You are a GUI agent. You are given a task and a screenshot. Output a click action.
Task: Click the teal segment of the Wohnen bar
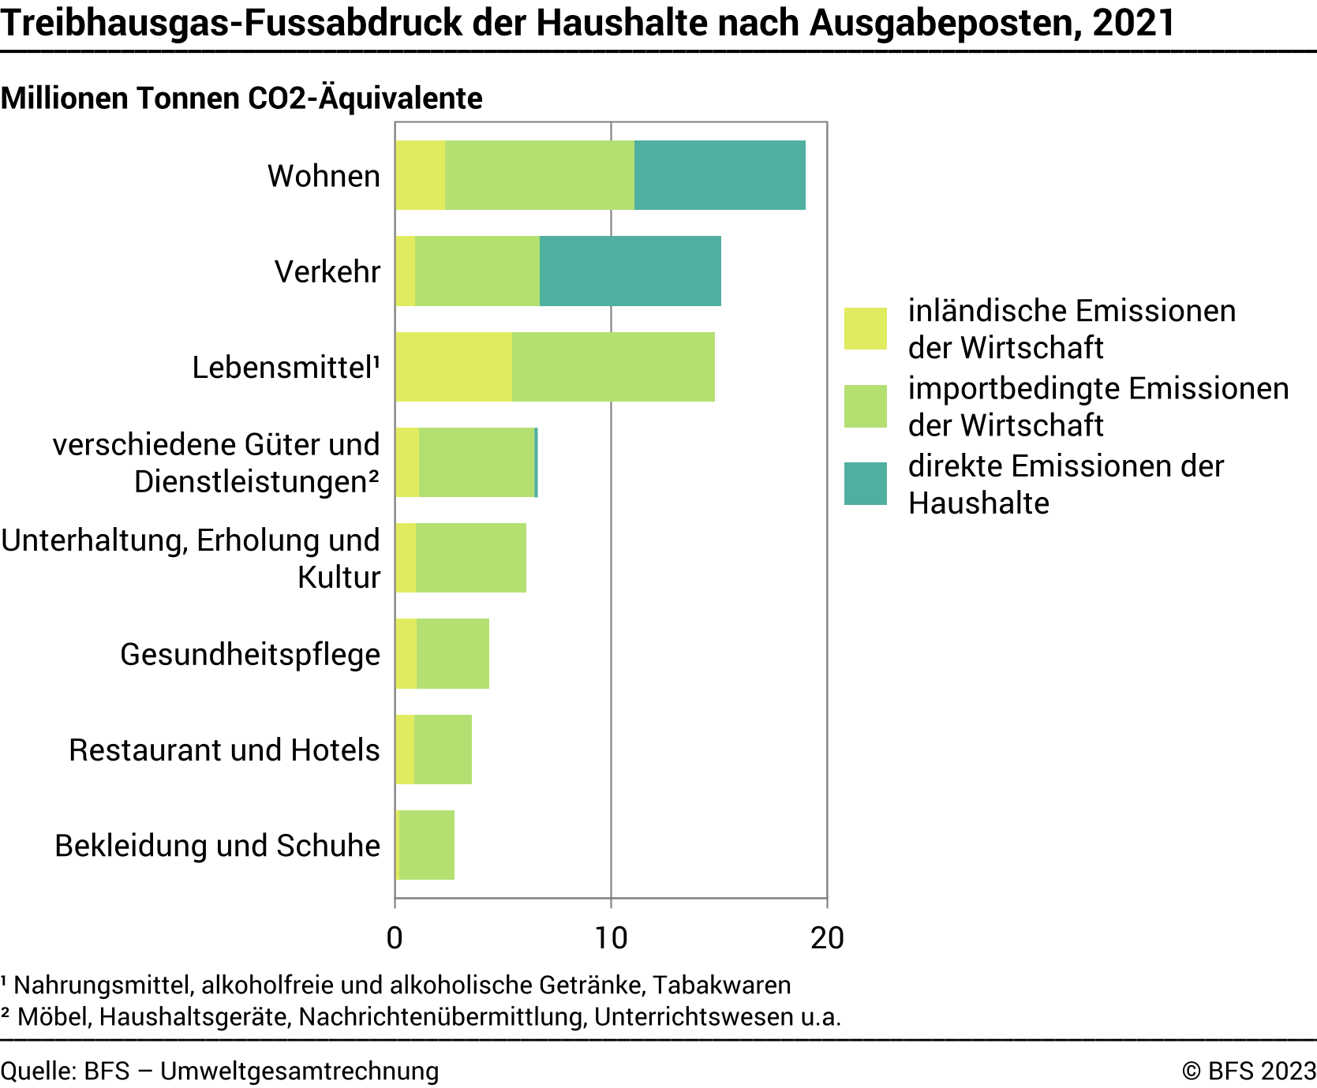720,175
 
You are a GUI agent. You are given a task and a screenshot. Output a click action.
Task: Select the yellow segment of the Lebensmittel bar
454,367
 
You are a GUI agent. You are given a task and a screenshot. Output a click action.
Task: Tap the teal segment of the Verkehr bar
630,271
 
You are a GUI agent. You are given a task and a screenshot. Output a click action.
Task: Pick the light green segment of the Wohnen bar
539,175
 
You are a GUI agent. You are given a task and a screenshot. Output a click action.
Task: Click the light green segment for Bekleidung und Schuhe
427,845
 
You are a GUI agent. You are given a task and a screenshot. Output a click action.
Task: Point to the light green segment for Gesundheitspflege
453,653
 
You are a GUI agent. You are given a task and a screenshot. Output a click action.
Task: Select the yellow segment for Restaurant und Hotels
405,750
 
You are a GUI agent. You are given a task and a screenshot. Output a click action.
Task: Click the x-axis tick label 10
610,938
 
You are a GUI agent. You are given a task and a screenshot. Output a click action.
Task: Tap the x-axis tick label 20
826,938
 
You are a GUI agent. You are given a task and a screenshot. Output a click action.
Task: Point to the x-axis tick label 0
395,938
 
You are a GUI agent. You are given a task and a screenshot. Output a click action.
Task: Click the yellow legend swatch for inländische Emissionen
865,328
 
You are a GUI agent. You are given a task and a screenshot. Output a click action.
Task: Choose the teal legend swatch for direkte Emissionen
865,484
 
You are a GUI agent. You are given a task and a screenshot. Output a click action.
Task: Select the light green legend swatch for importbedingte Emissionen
865,406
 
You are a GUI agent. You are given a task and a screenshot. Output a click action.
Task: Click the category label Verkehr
327,271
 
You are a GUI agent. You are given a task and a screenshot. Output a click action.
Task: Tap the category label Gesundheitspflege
250,654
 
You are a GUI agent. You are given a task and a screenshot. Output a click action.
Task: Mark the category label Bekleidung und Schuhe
218,846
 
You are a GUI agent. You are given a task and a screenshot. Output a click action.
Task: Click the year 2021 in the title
1134,23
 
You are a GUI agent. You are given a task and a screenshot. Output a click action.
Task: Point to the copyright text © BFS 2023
1249,1071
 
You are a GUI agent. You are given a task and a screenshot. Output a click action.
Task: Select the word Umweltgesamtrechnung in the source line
300,1071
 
